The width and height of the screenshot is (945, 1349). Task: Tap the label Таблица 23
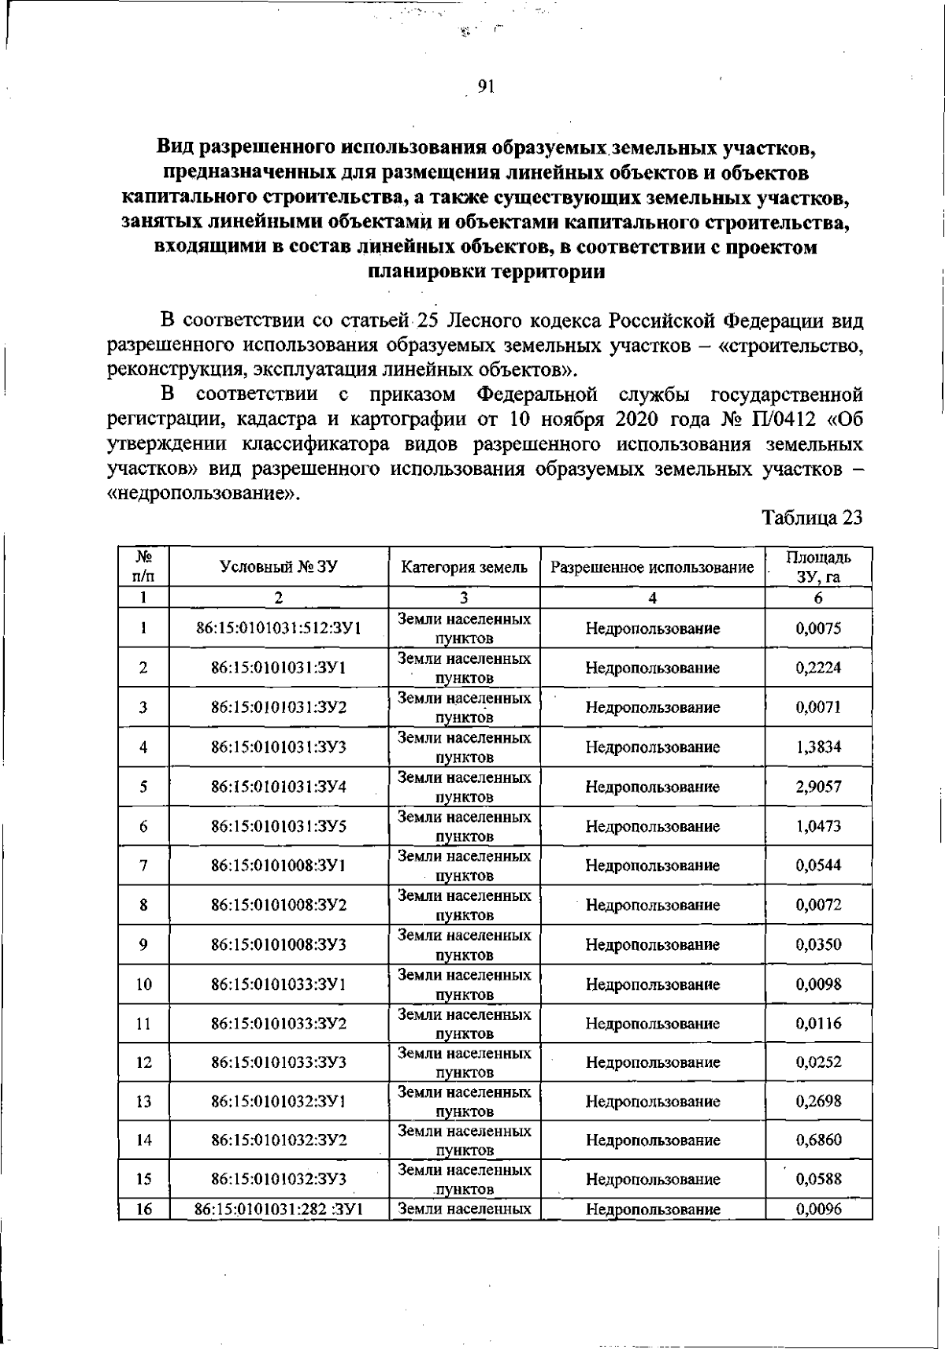(x=812, y=517)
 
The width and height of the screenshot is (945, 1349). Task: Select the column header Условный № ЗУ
(x=279, y=566)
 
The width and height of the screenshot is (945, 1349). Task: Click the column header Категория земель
(x=465, y=567)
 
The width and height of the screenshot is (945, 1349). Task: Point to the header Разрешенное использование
(x=652, y=567)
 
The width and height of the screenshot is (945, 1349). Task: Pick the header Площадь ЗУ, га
(x=818, y=567)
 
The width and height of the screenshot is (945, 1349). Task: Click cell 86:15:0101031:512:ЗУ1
(x=279, y=628)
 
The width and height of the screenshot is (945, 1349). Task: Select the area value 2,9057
(x=818, y=787)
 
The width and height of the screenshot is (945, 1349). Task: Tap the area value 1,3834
(x=818, y=747)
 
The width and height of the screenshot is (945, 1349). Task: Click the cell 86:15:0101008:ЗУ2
(x=279, y=905)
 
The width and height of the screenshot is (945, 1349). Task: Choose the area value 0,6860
(x=818, y=1140)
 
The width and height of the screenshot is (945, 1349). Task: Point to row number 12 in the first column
(x=143, y=1062)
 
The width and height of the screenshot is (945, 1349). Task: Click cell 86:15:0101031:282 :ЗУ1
(x=279, y=1209)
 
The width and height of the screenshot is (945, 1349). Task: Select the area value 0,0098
(x=818, y=984)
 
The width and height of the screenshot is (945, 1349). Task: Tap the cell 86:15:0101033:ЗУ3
(x=279, y=1062)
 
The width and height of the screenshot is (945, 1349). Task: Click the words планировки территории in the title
(x=486, y=272)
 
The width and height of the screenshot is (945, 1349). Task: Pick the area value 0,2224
(x=818, y=668)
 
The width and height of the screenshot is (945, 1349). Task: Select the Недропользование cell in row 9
(x=652, y=944)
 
